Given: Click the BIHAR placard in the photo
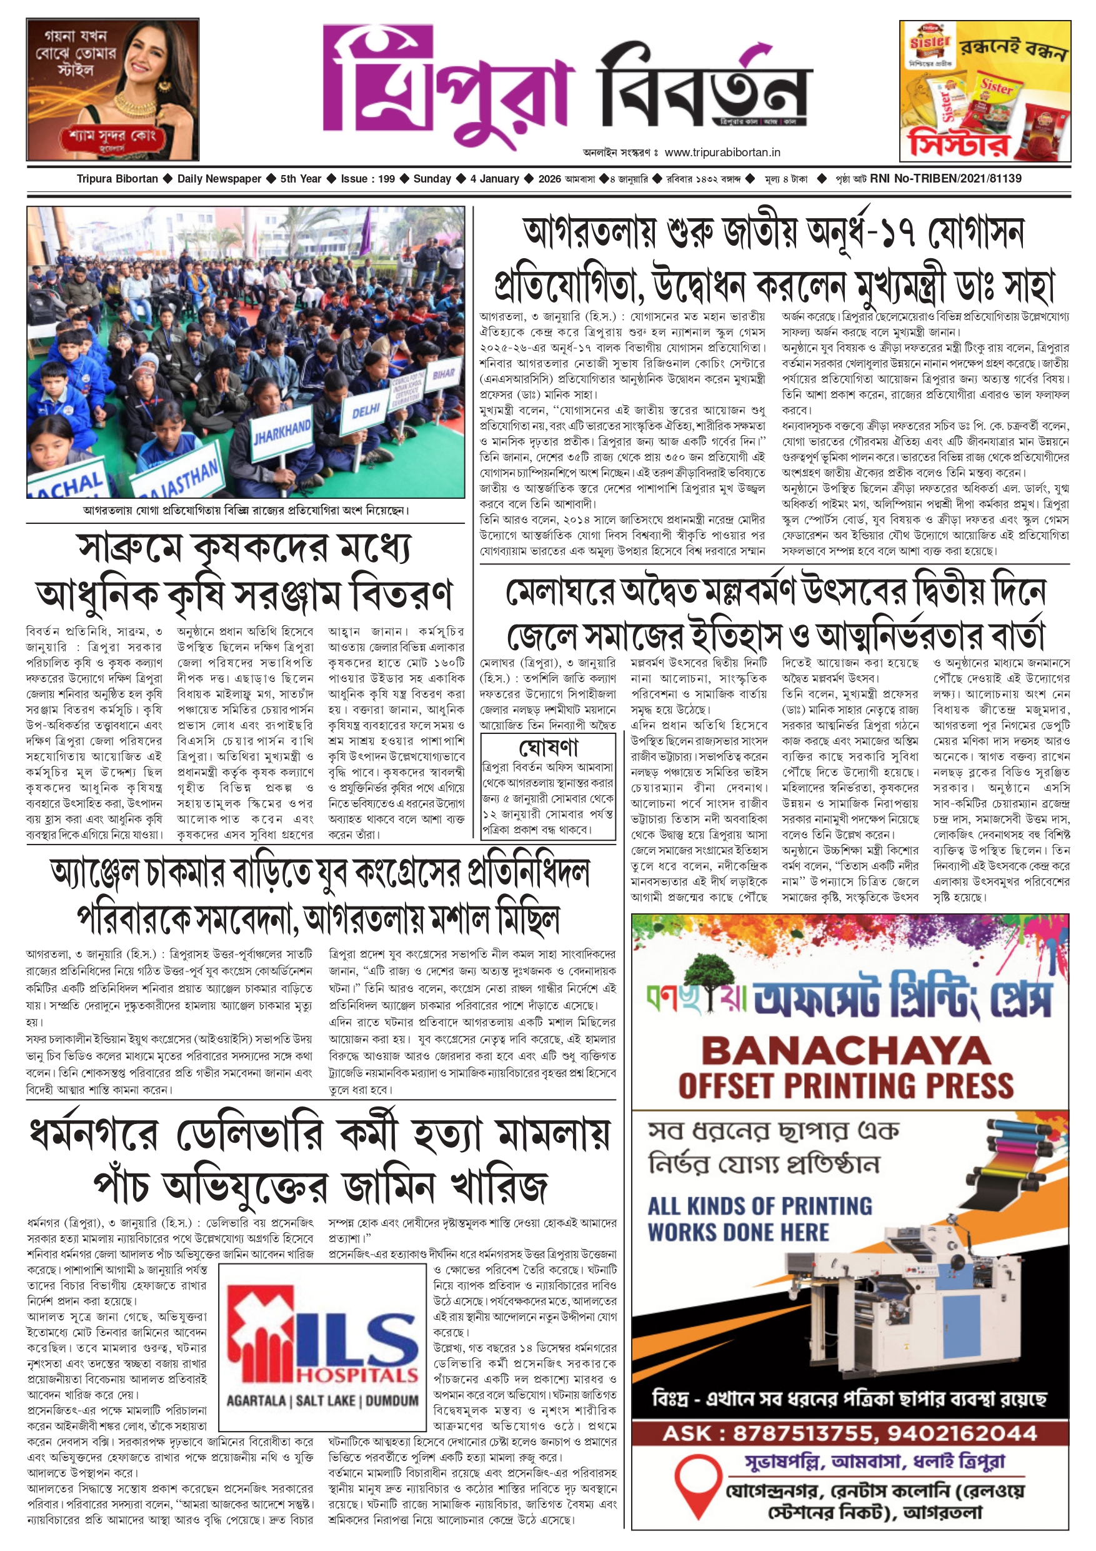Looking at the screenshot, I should (x=442, y=375).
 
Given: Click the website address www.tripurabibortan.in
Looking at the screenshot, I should (x=722, y=153).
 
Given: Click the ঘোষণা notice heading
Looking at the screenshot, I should (x=549, y=747).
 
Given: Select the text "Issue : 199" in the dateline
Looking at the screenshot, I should (x=367, y=179).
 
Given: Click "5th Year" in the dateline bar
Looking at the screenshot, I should (x=301, y=179).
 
